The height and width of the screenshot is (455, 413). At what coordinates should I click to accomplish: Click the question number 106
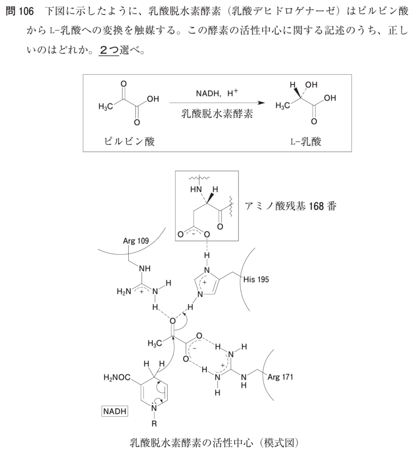(25, 12)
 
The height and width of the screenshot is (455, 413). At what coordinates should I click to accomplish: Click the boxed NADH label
(115, 411)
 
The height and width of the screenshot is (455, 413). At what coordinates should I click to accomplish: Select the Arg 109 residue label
(136, 241)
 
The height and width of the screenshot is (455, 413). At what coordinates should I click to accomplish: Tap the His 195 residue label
(256, 279)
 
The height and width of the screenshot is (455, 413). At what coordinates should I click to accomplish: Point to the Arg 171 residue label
(280, 377)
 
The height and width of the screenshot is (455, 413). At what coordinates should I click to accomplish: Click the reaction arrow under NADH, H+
(217, 103)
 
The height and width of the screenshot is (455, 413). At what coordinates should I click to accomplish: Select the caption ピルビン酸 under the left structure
(129, 141)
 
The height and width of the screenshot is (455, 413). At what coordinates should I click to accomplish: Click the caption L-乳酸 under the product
(306, 141)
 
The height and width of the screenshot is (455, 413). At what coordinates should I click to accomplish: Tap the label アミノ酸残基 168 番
(290, 206)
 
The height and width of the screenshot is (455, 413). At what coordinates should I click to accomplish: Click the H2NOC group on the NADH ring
(117, 378)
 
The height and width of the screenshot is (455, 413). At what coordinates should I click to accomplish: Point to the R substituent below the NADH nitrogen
(154, 423)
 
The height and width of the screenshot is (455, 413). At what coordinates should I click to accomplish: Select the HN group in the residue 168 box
(196, 190)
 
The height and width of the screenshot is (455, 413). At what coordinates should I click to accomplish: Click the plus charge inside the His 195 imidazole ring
(205, 282)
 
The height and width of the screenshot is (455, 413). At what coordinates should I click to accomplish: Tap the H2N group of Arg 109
(124, 291)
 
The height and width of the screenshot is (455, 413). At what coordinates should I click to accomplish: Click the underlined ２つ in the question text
(109, 50)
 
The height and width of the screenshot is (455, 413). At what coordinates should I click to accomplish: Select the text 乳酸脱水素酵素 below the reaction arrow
(217, 114)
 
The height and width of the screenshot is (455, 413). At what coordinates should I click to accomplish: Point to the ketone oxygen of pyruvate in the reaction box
(123, 84)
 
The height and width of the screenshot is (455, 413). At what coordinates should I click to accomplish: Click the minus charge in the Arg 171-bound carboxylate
(195, 348)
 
